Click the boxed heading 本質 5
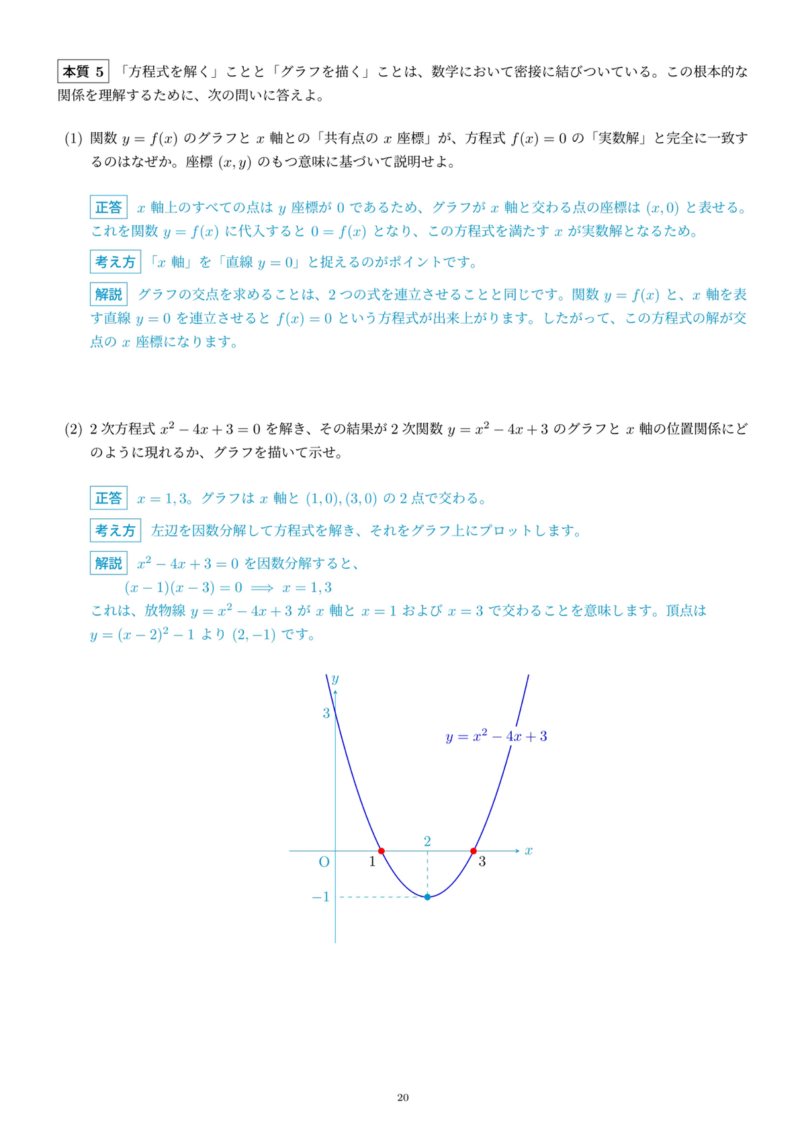83,71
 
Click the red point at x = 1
382,851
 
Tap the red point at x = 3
474,851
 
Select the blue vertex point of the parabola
427,897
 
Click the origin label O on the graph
324,862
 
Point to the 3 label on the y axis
326,713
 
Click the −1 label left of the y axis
321,897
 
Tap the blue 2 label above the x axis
427,841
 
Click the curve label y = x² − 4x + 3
496,736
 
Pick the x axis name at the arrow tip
529,851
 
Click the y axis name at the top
334,679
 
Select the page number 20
403,1097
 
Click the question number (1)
73,139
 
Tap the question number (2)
73,430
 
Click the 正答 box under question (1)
109,207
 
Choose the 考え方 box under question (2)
115,531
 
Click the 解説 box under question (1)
109,294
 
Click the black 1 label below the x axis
373,862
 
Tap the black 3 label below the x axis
482,862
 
